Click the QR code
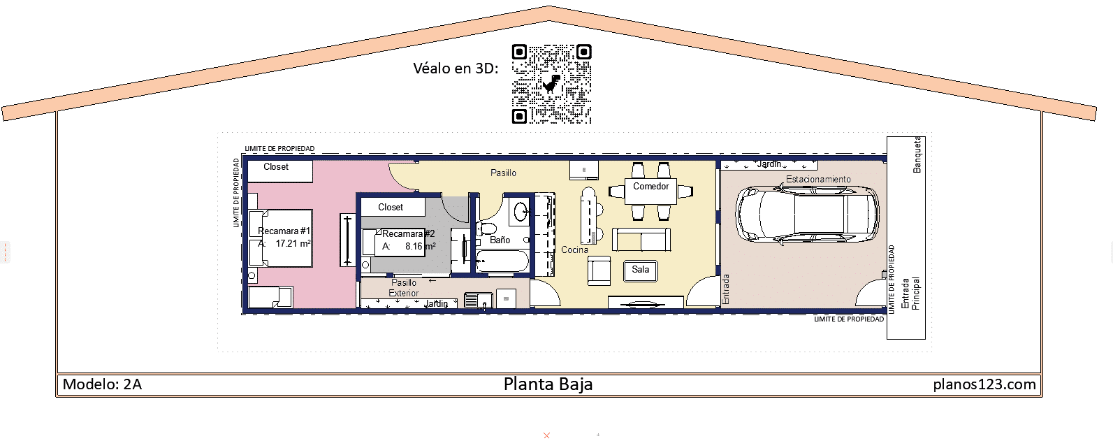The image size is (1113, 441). tap(551, 84)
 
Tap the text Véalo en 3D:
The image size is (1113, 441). tap(456, 68)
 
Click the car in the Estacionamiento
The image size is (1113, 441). tap(807, 214)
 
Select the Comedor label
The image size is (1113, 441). tap(650, 187)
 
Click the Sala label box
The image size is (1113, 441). tap(640, 270)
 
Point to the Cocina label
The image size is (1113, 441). tap(574, 250)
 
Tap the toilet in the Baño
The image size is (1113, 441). tap(486, 228)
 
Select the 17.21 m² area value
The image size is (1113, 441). tap(293, 244)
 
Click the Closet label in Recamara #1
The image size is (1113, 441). tap(276, 167)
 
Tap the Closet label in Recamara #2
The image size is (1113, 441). tap(391, 208)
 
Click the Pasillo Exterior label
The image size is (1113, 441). tap(404, 288)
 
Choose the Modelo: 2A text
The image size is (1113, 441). tap(102, 384)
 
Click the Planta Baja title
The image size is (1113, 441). tap(548, 384)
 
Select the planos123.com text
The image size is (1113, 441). tap(984, 384)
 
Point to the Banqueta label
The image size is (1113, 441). tap(917, 154)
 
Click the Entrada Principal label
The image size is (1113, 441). tap(910, 294)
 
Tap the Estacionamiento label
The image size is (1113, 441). tap(818, 180)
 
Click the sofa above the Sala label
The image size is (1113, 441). tap(641, 239)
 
